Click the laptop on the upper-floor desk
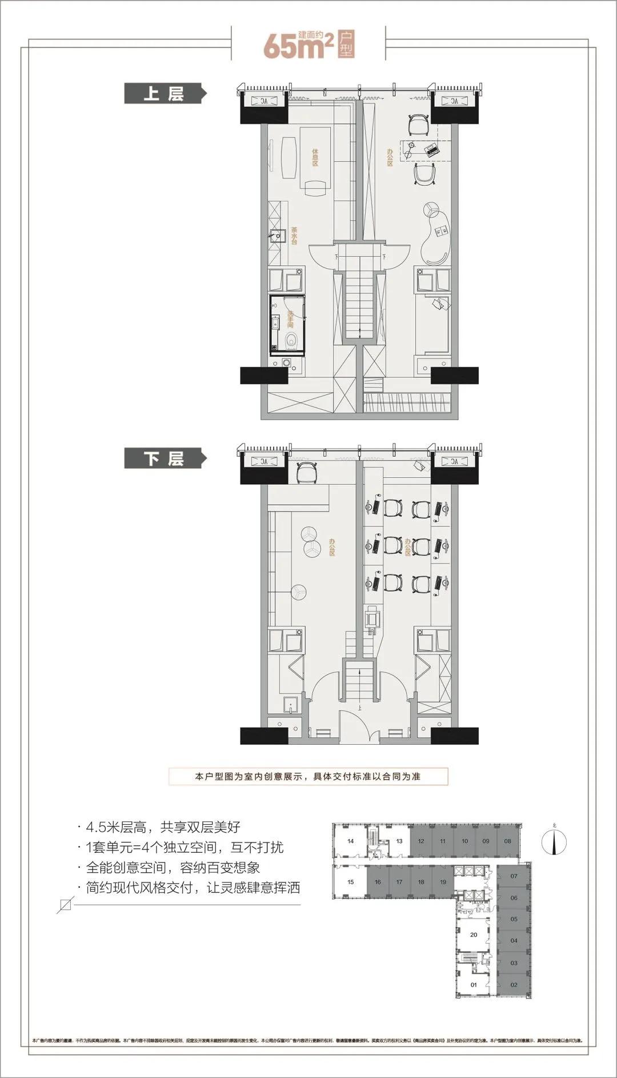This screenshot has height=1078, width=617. pos(431,150)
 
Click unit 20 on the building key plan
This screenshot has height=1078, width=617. pos(473,935)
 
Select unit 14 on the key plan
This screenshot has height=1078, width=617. pos(351,841)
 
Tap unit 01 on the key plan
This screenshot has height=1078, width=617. pos(473,985)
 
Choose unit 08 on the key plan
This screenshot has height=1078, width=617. pos(507,841)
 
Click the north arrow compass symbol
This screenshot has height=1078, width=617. pos(554,841)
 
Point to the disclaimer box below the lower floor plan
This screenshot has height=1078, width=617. pos(308,777)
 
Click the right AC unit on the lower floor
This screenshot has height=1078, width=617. pos(454,461)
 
